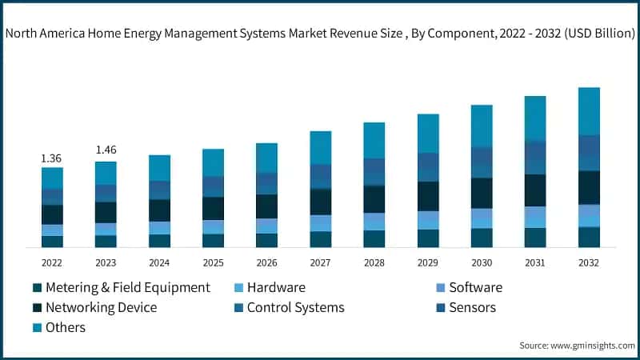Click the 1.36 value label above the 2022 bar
(52, 158)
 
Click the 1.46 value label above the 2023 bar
(106, 150)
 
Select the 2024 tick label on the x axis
(159, 262)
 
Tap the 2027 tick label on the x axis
(321, 262)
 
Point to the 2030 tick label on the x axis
(482, 262)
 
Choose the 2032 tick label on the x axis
(589, 262)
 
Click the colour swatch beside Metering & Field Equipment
(37, 288)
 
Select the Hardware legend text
(276, 287)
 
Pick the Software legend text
(475, 287)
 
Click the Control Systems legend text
(295, 307)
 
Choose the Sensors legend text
(472, 307)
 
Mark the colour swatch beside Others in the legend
(37, 328)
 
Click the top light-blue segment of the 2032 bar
(589, 110)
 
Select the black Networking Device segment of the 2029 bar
(428, 196)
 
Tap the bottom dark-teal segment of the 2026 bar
(266, 240)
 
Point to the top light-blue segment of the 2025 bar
(213, 162)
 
